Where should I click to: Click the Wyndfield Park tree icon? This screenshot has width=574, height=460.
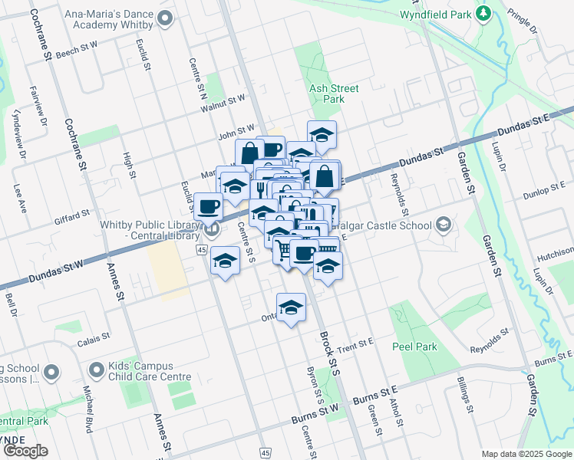tap(483, 13)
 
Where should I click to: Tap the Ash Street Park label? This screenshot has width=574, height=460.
tap(334, 94)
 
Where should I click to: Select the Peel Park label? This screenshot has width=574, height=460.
tap(414, 347)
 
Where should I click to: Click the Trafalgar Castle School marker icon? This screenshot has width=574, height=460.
tap(443, 225)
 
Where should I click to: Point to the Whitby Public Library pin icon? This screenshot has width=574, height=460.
tap(213, 228)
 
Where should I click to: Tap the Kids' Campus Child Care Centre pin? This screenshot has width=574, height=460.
tap(96, 372)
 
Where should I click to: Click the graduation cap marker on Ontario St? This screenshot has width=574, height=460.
tap(291, 307)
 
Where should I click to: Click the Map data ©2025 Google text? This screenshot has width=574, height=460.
tap(526, 454)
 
